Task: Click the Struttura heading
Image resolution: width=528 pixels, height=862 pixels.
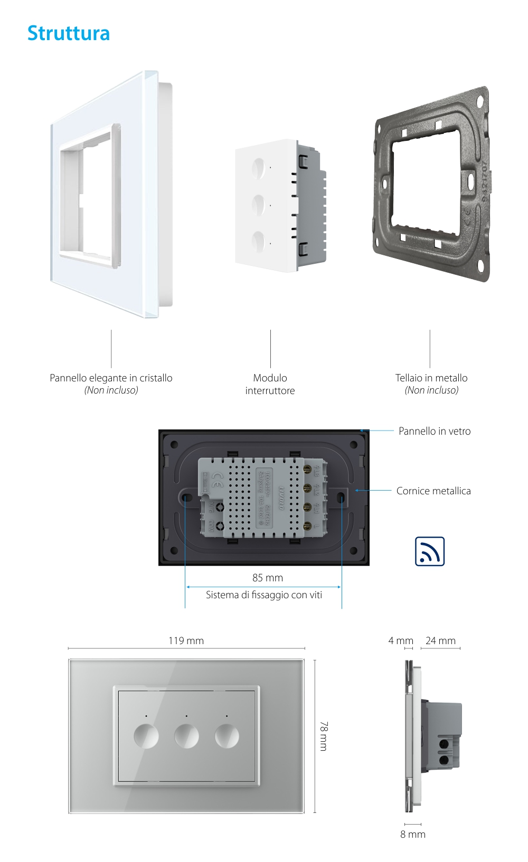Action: click(69, 33)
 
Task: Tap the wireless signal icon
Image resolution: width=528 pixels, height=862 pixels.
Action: click(429, 551)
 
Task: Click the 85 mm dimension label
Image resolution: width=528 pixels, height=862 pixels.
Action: click(267, 578)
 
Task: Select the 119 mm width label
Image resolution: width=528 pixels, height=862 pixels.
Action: click(186, 640)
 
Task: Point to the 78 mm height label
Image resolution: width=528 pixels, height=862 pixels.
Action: click(323, 736)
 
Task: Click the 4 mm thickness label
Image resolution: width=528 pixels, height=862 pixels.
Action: click(401, 640)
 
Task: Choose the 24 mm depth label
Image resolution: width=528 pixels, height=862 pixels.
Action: click(440, 640)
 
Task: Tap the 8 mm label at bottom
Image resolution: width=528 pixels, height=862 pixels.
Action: click(412, 834)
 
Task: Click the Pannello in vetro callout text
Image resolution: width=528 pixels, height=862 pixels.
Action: click(435, 431)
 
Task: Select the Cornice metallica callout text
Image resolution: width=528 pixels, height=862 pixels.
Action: click(433, 491)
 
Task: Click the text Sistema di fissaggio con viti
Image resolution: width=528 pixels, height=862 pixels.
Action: click(263, 595)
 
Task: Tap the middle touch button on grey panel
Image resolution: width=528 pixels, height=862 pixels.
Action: click(186, 736)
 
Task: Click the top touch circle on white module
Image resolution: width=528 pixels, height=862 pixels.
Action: click(258, 168)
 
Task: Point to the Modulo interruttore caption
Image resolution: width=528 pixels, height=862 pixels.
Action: click(270, 384)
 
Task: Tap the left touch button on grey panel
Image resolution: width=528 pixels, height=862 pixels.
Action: click(146, 736)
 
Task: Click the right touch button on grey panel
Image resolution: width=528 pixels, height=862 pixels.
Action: click(227, 736)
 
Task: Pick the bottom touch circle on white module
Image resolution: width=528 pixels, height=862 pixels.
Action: click(258, 242)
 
